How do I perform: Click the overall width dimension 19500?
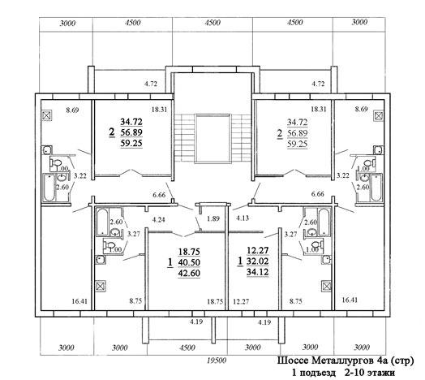tap(217, 361)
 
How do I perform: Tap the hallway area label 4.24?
tap(158, 219)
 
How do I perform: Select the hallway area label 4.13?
tap(243, 218)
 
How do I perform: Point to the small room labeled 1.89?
tap(213, 218)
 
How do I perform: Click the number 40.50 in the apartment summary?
tap(189, 262)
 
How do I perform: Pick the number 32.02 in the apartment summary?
tap(258, 261)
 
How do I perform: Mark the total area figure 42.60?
tap(189, 273)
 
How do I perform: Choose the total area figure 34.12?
tap(258, 272)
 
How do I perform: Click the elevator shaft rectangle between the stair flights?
tap(212, 138)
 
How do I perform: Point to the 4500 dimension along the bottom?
tap(187, 348)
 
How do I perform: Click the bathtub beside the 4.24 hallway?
tap(102, 222)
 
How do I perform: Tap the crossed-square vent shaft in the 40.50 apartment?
tap(101, 286)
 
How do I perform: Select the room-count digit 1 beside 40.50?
tap(170, 263)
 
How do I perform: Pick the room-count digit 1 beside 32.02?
tap(240, 261)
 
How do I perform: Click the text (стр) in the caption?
tap(402, 361)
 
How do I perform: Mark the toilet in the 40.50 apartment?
tap(109, 246)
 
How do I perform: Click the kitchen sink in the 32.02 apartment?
tap(326, 260)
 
